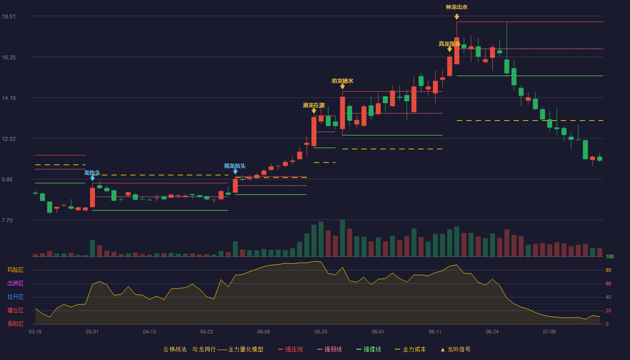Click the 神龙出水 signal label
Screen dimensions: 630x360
pyautogui.click(x=456, y=7)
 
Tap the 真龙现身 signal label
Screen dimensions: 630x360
pyautogui.click(x=450, y=44)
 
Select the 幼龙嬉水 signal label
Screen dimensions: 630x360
pyautogui.click(x=342, y=81)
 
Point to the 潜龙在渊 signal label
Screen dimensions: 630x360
pyautogui.click(x=314, y=105)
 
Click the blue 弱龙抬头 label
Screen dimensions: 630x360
pyautogui.click(x=235, y=166)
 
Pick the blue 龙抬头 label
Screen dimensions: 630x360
pyautogui.click(x=92, y=172)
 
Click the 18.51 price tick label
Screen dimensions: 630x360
pyautogui.click(x=9, y=16)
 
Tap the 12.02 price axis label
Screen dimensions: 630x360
pyautogui.click(x=9, y=139)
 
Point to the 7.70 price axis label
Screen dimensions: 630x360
pyautogui.click(x=7, y=220)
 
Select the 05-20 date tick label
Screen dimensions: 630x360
pyautogui.click(x=320, y=332)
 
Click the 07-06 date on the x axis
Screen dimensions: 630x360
pyautogui.click(x=549, y=332)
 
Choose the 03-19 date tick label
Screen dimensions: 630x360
pyautogui.click(x=35, y=332)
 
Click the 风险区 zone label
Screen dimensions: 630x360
pyautogui.click(x=15, y=270)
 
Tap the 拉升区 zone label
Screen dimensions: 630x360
pyautogui.click(x=15, y=297)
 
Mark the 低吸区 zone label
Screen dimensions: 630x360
pyautogui.click(x=15, y=324)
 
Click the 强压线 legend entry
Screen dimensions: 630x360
pyautogui.click(x=290, y=349)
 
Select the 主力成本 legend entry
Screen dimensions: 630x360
pyautogui.click(x=410, y=349)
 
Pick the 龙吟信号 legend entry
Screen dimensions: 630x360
pyautogui.click(x=455, y=349)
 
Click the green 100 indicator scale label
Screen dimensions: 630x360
pyautogui.click(x=610, y=256)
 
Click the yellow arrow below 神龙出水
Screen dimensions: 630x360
pyautogui.click(x=457, y=17)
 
